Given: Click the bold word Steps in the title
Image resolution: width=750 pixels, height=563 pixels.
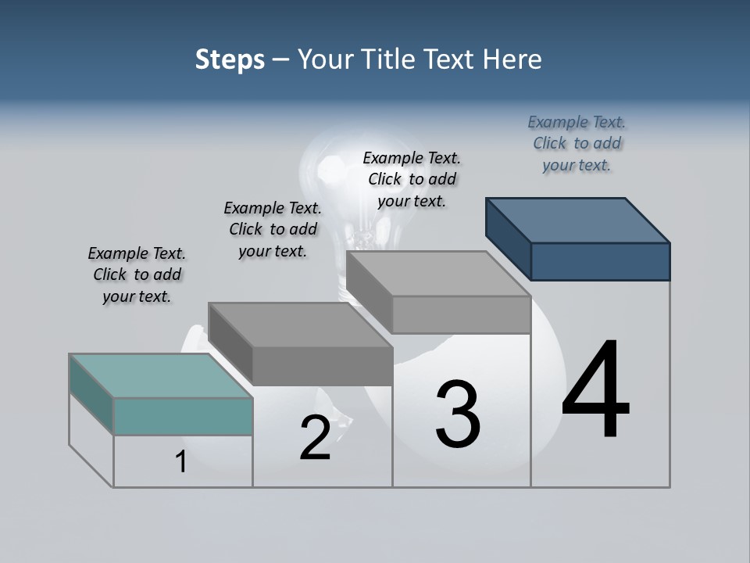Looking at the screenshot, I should (230, 59).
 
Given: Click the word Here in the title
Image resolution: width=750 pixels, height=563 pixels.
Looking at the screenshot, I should (512, 59).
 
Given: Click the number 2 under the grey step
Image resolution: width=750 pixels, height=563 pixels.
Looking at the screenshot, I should (315, 437).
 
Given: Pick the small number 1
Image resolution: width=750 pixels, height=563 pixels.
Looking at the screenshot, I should (180, 462).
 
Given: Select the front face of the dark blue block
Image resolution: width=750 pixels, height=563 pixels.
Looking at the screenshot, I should (600, 261).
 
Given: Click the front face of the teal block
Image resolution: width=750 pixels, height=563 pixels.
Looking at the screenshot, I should (183, 416).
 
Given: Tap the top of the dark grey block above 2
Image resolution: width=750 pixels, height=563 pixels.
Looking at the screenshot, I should (301, 325).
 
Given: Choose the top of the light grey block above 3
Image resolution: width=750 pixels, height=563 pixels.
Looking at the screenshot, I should (438, 274).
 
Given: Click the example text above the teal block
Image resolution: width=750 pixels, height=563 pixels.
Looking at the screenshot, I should (137, 274).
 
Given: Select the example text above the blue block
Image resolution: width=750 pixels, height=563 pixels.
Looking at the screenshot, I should (577, 143).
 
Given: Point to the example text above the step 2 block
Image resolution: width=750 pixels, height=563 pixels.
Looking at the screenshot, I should (273, 229).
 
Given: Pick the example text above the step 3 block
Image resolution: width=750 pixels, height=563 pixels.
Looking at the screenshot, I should (412, 179).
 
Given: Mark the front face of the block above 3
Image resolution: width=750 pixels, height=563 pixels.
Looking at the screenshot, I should (461, 314).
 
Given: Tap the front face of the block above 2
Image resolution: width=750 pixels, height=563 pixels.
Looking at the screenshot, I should (322, 366).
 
